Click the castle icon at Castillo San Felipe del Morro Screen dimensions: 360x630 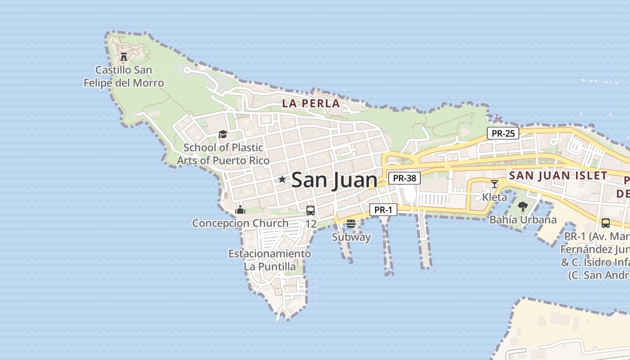point(124,57)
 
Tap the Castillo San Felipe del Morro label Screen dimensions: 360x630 point(124,76)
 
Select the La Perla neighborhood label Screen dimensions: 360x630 point(311,103)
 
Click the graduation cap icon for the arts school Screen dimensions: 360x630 point(223,134)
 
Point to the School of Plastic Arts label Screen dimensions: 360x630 point(223,154)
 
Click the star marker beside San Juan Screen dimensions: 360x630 point(282,180)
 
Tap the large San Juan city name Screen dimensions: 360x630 point(334,180)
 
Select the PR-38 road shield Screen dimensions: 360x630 point(404,178)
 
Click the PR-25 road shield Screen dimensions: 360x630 point(503,133)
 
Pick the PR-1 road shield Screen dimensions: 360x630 point(383,210)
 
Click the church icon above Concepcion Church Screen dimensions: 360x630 point(240,210)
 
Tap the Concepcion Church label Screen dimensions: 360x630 point(240,223)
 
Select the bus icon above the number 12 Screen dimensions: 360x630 point(310,210)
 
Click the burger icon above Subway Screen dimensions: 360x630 point(351,224)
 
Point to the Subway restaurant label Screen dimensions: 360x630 point(351,237)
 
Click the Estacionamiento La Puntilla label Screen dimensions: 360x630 point(270,260)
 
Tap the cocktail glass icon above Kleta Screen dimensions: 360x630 point(495,184)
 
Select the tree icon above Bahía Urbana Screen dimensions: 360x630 point(522,207)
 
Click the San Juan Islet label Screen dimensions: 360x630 point(558,175)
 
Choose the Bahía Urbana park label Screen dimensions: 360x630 point(523,220)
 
